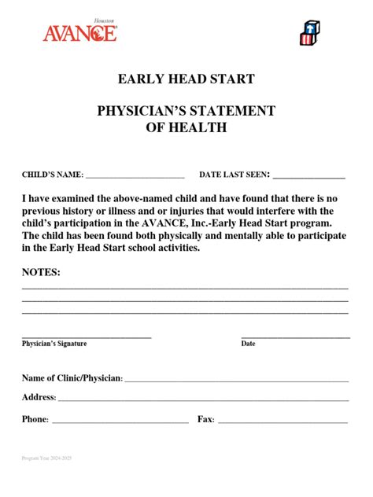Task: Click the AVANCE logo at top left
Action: (x=79, y=31)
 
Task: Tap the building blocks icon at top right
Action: (x=309, y=32)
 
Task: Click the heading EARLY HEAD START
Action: (x=186, y=79)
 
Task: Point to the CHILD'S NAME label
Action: (x=52, y=175)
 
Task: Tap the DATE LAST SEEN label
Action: (x=235, y=175)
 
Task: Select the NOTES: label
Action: (x=41, y=272)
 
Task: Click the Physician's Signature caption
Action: (x=54, y=344)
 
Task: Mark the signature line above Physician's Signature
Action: (x=87, y=337)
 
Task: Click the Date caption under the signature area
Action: (x=248, y=344)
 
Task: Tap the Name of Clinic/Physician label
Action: (x=72, y=379)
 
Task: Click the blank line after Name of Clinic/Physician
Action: (x=236, y=381)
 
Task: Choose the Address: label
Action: (x=39, y=398)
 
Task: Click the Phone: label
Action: (x=35, y=420)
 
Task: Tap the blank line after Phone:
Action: (x=120, y=422)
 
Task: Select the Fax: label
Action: (x=206, y=420)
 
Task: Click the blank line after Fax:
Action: (x=283, y=422)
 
